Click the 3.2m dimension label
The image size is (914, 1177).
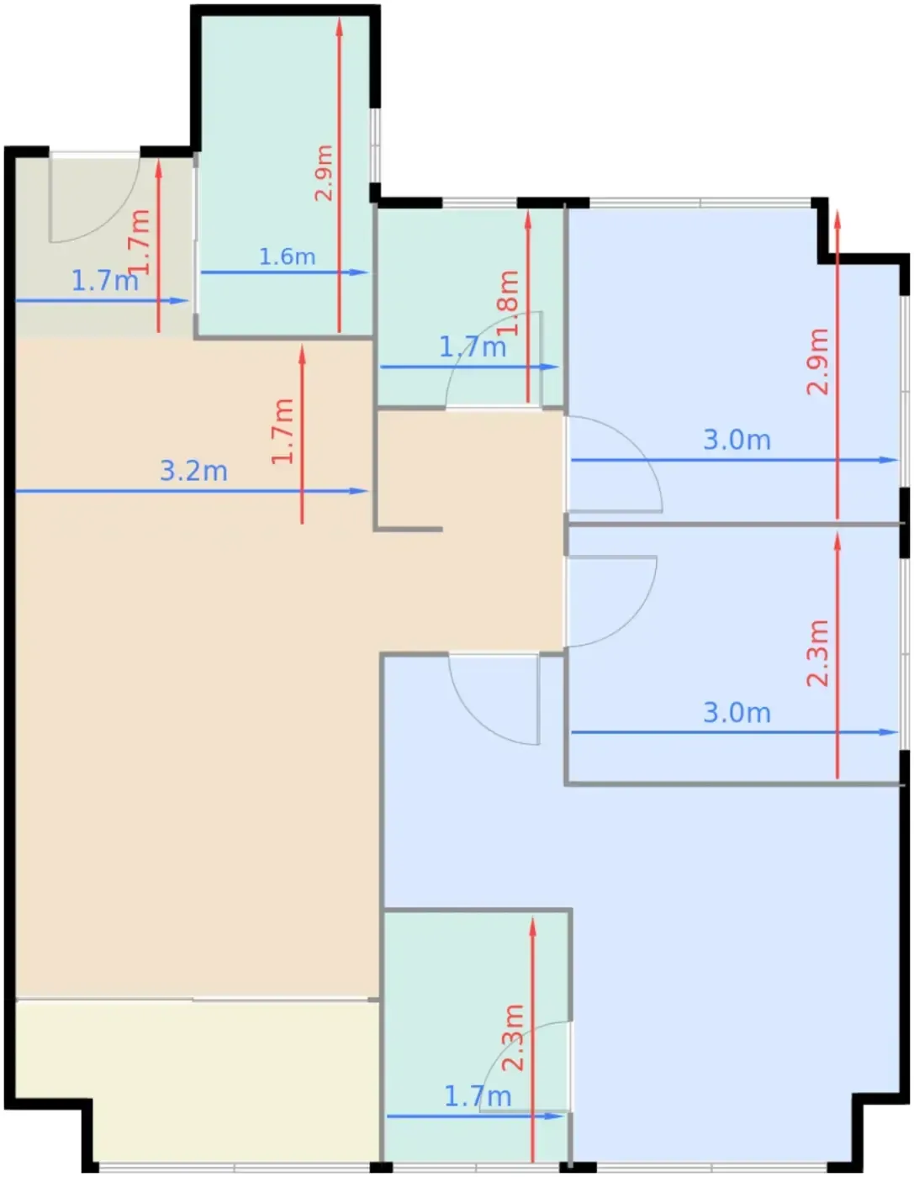[x=193, y=471]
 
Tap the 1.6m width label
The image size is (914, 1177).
[x=287, y=256]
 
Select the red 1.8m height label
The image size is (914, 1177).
[x=508, y=303]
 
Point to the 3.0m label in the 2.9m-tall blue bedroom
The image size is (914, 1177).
[x=737, y=440]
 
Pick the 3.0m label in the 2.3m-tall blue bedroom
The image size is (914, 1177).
[x=737, y=712]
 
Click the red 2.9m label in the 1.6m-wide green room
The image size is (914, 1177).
[x=324, y=173]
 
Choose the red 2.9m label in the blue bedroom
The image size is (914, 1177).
[x=817, y=362]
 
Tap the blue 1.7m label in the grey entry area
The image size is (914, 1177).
[x=104, y=281]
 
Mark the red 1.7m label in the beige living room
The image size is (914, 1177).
[x=283, y=431]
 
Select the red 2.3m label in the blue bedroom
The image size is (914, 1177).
[x=817, y=654]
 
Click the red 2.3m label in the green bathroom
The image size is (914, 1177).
[x=513, y=1037]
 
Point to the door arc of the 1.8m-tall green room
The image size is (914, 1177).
[x=477, y=331]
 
